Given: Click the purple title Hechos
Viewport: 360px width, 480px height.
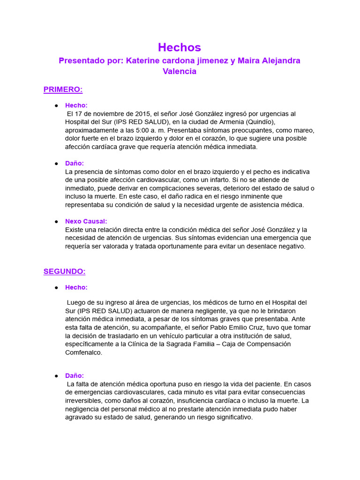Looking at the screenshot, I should pos(180,47).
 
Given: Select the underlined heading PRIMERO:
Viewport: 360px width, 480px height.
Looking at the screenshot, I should pos(63,89).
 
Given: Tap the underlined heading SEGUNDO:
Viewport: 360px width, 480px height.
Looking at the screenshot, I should pos(65,271).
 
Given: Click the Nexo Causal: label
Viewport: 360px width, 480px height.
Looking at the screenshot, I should pos(86,221).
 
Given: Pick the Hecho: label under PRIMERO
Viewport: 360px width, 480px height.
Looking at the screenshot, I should pos(76,105).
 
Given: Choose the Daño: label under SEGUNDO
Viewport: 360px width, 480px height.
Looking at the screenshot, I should pos(75,375).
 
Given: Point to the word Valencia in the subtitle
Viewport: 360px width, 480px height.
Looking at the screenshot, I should pos(180,72).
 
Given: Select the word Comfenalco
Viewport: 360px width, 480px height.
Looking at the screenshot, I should pos(83,352).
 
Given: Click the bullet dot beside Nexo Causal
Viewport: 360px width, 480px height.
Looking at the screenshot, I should pos(56,221).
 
